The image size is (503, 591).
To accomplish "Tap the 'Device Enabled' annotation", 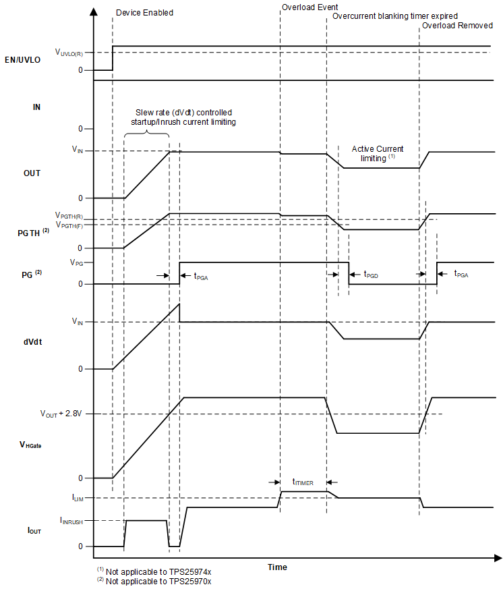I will point(144,13).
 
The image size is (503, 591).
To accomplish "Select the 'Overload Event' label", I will point(309,7).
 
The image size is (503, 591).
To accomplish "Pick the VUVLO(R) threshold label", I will point(69,52).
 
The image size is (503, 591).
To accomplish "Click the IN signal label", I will point(36,107).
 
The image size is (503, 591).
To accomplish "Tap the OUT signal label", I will point(32,173).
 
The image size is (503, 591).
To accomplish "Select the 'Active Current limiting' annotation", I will point(378,153).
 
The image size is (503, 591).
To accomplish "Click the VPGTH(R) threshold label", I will point(69,217).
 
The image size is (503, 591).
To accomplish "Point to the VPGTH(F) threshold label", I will point(69,225).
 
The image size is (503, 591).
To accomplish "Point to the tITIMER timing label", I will point(303,482).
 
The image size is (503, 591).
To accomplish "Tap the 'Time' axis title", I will point(277,567).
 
